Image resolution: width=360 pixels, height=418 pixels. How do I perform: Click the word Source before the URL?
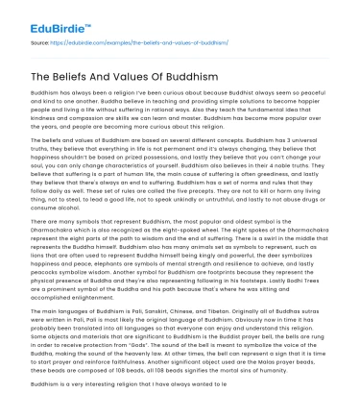click(43, 44)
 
